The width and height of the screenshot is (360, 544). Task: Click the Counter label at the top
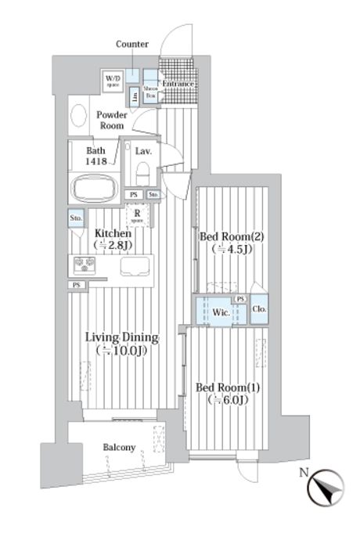coord(131,45)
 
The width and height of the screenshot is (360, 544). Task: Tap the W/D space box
coord(113,80)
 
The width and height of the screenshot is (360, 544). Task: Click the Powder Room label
coord(112,120)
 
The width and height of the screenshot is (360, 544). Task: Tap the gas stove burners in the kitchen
coord(84,265)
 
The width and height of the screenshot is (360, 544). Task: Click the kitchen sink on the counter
coord(134,266)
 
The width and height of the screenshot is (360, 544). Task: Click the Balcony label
coord(119,448)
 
